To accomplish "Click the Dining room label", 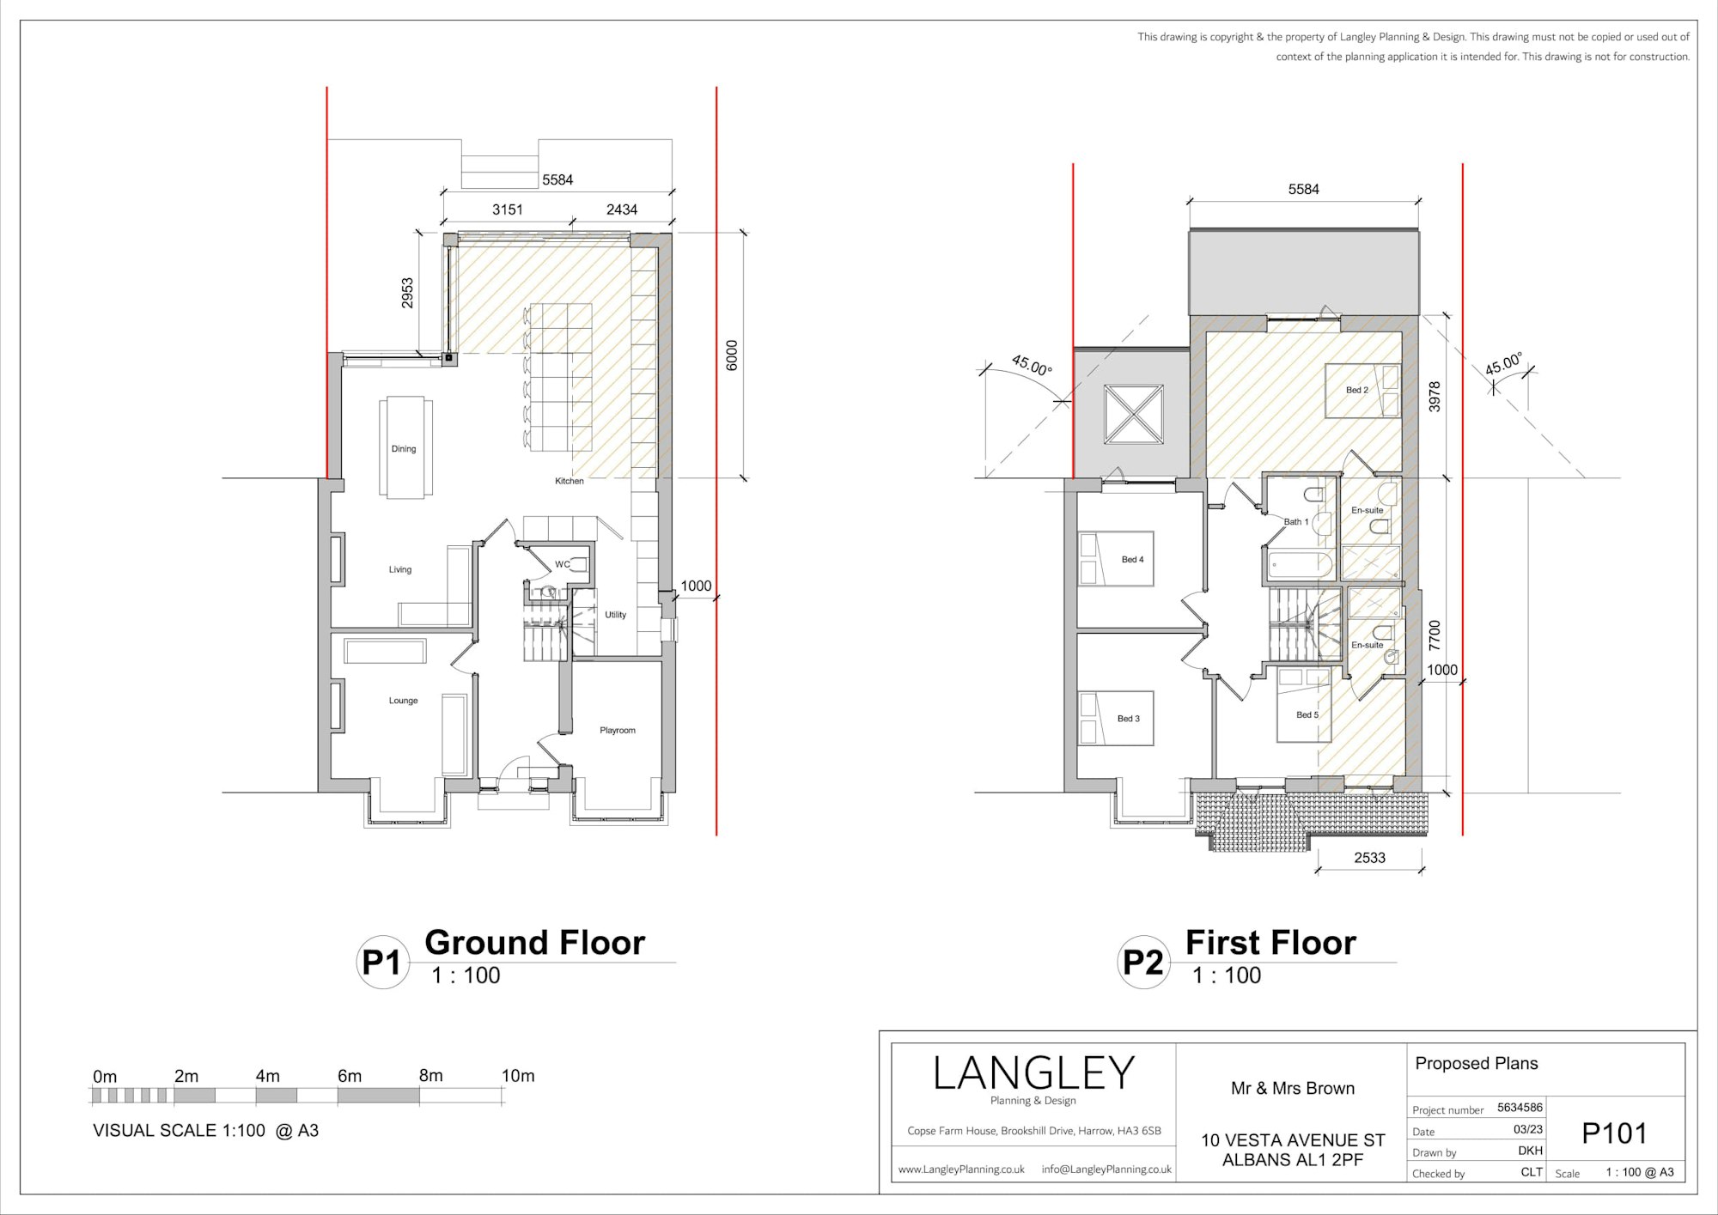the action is click(404, 449).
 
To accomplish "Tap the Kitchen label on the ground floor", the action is click(570, 481).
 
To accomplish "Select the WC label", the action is click(563, 564).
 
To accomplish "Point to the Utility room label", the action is click(616, 615).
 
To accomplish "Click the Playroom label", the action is click(618, 731).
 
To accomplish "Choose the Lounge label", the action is click(403, 701).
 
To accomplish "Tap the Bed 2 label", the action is click(1357, 390).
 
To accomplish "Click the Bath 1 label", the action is click(1296, 522).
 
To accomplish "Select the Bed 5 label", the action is click(1307, 714).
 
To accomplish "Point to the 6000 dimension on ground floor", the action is click(732, 355).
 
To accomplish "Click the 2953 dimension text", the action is click(407, 293).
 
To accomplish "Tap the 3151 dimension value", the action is click(508, 210).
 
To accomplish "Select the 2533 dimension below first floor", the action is click(1370, 858).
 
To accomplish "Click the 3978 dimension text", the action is click(1435, 397).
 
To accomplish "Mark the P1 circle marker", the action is click(382, 962).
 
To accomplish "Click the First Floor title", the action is click(1270, 943).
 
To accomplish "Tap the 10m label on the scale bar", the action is click(518, 1076).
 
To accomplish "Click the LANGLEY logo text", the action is click(1034, 1073).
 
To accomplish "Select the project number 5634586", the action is click(1520, 1108).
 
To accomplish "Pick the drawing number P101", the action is click(1615, 1134).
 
